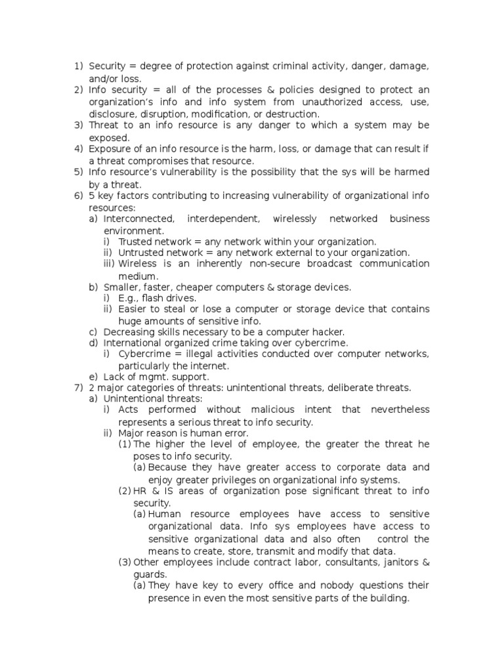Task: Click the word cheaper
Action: [199, 287]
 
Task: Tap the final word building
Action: [387, 598]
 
